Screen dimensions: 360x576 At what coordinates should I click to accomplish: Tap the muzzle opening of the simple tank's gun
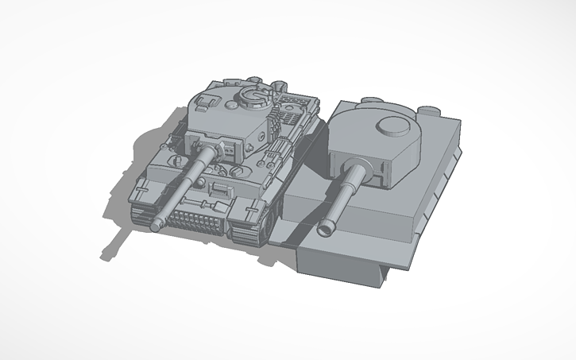[325, 230]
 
